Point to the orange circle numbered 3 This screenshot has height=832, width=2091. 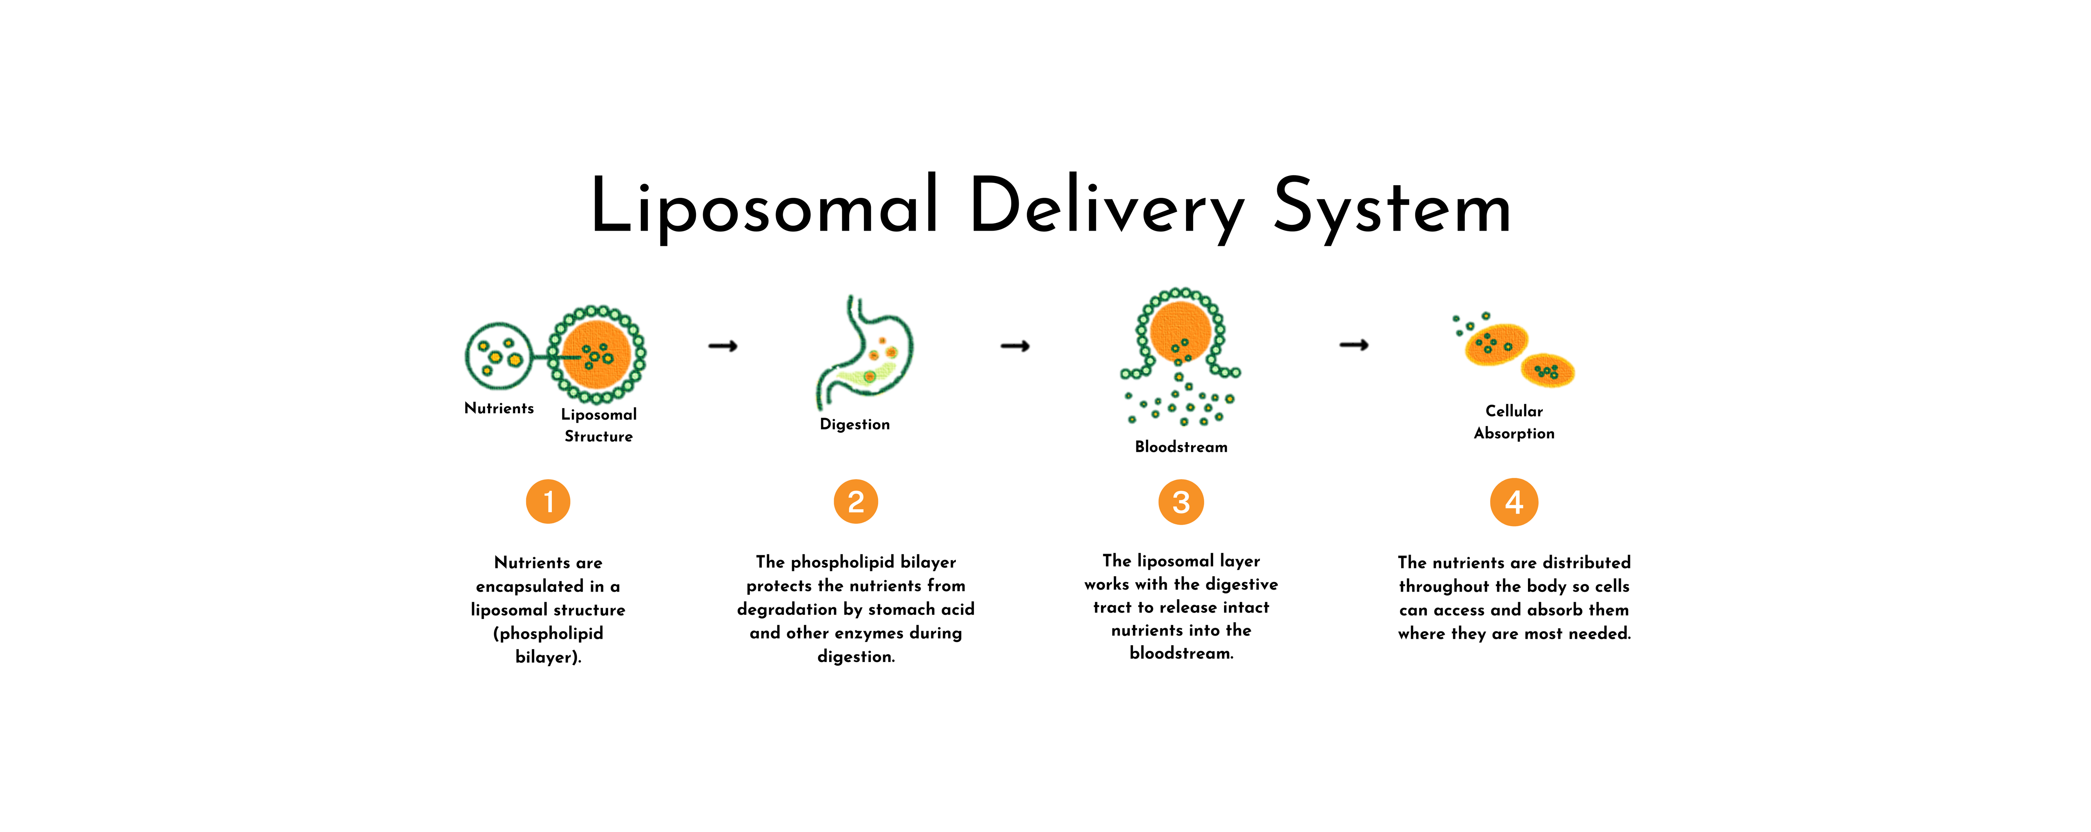tap(1181, 502)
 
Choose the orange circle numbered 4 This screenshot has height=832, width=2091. tap(1514, 502)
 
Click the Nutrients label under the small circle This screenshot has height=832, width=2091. tap(499, 408)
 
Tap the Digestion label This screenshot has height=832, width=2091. tap(855, 425)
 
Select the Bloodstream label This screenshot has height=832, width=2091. tap(1181, 446)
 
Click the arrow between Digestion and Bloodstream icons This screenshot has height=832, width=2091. tap(1015, 346)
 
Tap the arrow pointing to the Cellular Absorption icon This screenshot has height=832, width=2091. tap(1354, 345)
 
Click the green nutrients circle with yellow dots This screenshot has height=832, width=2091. tap(498, 356)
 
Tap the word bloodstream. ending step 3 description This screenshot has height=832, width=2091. tap(1181, 653)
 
